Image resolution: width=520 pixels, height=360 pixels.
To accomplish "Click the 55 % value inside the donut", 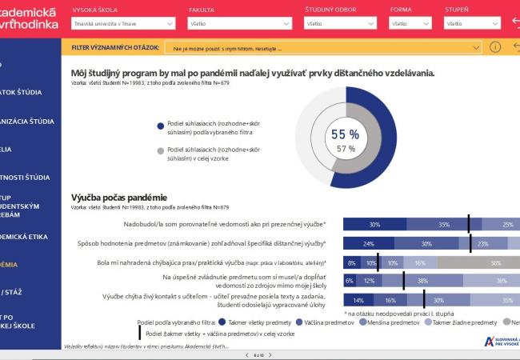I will [x=345, y=134].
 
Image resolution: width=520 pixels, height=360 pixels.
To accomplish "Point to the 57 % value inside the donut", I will [x=346, y=149].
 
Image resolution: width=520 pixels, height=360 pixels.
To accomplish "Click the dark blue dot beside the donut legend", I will [x=161, y=125].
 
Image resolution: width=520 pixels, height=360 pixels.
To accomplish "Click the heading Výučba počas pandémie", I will [x=118, y=197].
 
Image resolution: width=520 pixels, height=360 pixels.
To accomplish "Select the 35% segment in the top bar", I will [x=444, y=225].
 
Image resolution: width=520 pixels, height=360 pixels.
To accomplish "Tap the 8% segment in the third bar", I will [x=351, y=262].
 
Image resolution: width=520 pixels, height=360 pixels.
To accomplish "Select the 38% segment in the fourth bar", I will [x=422, y=281].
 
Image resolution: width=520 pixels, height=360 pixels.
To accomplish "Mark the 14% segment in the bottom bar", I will [x=357, y=300].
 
